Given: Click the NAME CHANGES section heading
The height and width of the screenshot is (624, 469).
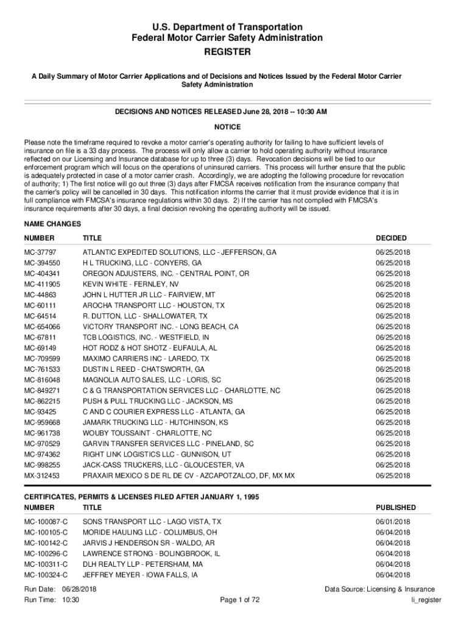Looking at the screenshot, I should pos(52,224).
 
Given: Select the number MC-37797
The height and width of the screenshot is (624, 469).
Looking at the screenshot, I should pos(40,252).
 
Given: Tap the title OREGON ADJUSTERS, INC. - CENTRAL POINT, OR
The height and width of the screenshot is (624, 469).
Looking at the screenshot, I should pos(166,274).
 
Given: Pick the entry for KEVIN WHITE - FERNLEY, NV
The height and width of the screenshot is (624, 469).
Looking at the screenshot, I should pos(130,284).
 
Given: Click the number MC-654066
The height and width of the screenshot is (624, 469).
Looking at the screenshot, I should pos(42,327).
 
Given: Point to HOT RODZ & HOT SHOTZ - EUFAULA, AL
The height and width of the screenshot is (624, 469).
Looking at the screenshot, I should pos(150,348).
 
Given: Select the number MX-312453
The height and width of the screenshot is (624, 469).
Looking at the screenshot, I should pos(42,476).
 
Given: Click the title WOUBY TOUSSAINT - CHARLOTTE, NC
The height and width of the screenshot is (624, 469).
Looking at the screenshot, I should pos(147,433).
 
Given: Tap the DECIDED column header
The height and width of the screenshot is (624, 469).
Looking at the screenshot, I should pos(391,238).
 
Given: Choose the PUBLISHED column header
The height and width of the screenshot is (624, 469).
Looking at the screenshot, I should pos(396,508).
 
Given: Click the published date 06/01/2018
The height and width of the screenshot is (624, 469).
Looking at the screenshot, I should pos(393,522).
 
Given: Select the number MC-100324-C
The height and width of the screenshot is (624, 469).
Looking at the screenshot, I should pos(46,575).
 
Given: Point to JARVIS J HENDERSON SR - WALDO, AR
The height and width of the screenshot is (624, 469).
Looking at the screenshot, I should pos(149,543).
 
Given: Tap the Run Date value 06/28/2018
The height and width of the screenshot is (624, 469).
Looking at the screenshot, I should pos(80,589).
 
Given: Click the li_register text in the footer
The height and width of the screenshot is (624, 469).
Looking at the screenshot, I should pos(426,600).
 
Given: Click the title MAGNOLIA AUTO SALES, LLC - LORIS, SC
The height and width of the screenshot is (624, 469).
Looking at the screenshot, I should pos(152,380).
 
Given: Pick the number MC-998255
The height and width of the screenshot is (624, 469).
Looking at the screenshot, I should pos(42,465).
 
